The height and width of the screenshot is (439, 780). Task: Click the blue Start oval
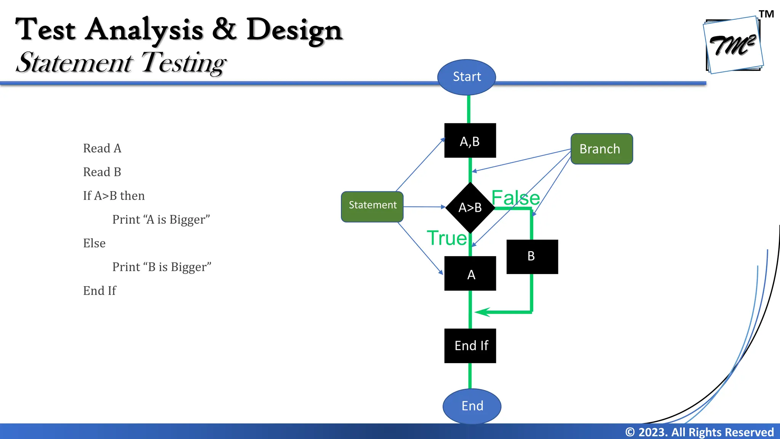(466, 77)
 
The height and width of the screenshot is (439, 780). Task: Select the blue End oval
(472, 406)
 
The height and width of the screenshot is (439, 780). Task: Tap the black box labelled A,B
(470, 141)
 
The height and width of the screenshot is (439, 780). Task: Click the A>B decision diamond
(470, 208)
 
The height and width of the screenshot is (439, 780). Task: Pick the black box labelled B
(532, 256)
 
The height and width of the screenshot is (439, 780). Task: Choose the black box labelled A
(470, 274)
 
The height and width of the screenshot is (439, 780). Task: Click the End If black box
(470, 346)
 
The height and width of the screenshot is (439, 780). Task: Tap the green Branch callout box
(601, 149)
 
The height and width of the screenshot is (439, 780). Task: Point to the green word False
(515, 198)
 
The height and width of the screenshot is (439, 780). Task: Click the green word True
(447, 238)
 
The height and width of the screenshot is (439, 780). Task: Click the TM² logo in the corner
(733, 45)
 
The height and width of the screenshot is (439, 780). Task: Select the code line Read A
(102, 148)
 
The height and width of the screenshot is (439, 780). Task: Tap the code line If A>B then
(114, 196)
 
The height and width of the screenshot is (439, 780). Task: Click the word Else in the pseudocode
(94, 243)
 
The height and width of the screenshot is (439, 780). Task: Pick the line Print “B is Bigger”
(161, 267)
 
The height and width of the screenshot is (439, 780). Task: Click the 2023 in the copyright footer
(652, 432)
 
